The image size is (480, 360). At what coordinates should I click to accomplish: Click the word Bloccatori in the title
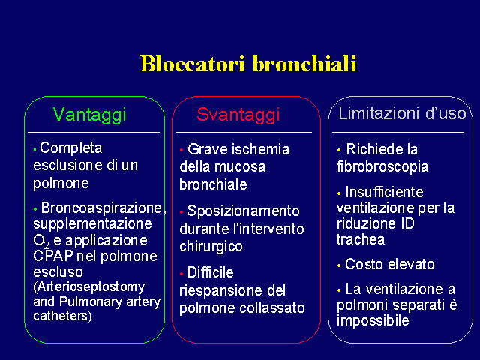(193, 64)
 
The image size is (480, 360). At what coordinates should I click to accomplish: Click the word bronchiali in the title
(305, 64)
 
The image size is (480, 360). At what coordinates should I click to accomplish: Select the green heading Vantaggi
(89, 115)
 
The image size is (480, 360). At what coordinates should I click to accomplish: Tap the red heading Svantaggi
(238, 115)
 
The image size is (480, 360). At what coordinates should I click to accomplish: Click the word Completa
(71, 148)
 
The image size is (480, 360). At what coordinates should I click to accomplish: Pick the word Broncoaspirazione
(101, 208)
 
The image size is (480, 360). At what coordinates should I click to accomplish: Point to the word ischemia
(260, 149)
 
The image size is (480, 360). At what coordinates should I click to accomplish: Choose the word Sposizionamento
(243, 211)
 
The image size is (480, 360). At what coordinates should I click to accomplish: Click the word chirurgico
(211, 247)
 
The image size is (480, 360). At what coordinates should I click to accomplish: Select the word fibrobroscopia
(382, 166)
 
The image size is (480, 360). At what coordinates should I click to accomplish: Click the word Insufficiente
(385, 192)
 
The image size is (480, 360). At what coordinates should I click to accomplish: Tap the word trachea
(361, 239)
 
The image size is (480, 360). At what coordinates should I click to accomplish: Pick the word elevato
(411, 264)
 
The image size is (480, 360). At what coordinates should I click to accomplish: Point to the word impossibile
(373, 320)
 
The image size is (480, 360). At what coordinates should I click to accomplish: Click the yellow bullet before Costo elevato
(339, 265)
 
